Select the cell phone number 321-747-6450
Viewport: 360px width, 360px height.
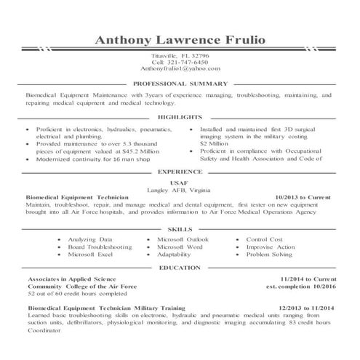point(180,61)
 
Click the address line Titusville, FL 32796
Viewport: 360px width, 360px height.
point(180,55)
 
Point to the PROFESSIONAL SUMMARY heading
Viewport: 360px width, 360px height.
point(180,84)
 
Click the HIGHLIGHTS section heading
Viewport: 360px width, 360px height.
point(180,116)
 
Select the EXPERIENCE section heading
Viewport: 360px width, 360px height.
point(180,172)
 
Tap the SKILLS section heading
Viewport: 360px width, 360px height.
point(180,228)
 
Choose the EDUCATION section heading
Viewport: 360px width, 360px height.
point(180,268)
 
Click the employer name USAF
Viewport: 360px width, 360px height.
point(179,183)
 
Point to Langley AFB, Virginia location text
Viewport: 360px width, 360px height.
point(179,189)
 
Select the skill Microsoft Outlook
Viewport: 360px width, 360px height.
point(183,239)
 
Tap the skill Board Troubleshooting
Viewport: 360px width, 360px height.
point(100,247)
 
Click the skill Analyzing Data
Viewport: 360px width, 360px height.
point(90,239)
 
